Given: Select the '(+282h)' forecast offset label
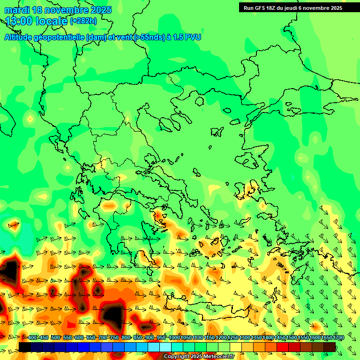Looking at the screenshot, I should click(83, 21).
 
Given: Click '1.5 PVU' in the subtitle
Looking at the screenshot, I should click(187, 37).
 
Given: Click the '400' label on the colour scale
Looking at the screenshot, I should click(32, 338).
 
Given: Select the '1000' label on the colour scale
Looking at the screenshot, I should click(174, 338).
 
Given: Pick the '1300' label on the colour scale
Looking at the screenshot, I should click(245, 338).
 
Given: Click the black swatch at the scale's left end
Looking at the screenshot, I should click(24, 347).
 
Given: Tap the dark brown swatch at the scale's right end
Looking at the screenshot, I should click(330, 347).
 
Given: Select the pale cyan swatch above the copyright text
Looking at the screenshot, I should click(165, 347).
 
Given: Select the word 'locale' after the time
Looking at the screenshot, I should click(52, 21).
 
